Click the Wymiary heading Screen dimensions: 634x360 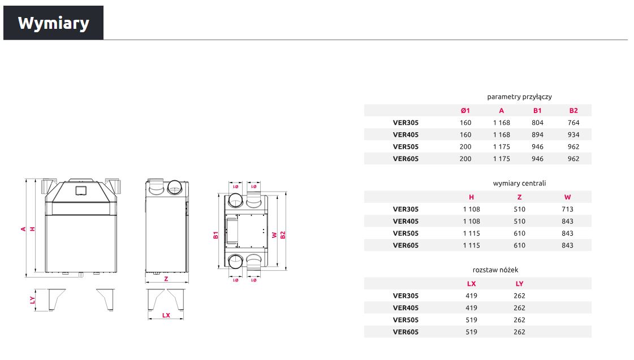tap(53, 23)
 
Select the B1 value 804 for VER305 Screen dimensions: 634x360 tap(537, 123)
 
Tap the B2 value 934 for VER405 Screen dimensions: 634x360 tap(573, 135)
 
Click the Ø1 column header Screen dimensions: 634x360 tap(465, 110)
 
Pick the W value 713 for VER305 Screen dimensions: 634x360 tap(567, 209)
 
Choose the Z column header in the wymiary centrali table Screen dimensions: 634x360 tap(519, 197)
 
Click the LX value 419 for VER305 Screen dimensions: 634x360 tap(471, 296)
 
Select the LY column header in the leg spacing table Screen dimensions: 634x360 tap(519, 284)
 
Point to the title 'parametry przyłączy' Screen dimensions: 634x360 tap(519, 97)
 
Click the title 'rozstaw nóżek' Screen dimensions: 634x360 tap(495, 270)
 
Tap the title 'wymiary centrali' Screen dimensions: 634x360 tap(519, 184)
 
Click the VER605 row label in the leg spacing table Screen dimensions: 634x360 tap(406, 332)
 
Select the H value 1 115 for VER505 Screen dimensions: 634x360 tap(471, 233)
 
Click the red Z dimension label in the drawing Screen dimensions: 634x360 tap(166, 279)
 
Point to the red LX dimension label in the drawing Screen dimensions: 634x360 tap(166, 315)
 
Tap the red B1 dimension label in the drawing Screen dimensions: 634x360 tap(215, 235)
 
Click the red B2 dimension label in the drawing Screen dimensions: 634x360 tap(283, 235)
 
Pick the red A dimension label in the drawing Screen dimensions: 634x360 tap(23, 229)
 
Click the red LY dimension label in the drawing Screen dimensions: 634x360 tap(32, 300)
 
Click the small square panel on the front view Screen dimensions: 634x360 tap(81, 190)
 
